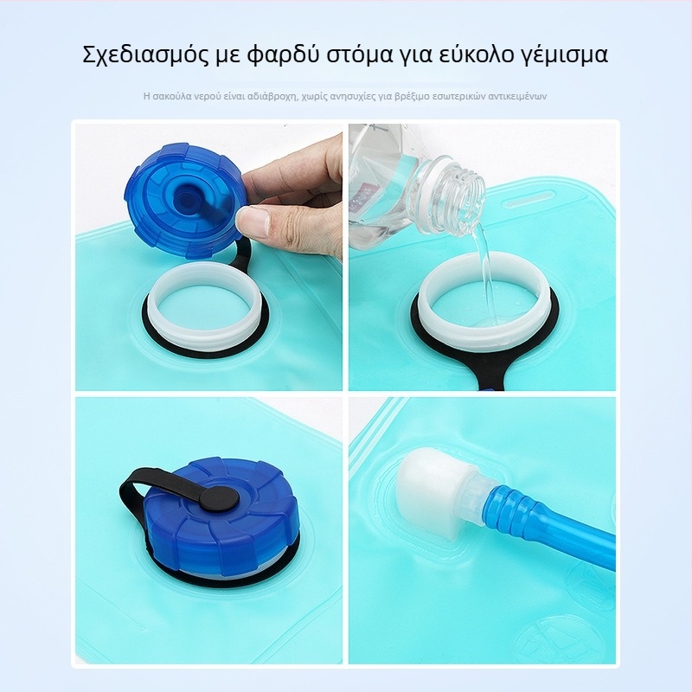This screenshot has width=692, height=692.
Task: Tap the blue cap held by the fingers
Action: click(185, 201)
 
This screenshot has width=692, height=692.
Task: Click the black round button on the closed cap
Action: click(219, 497)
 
